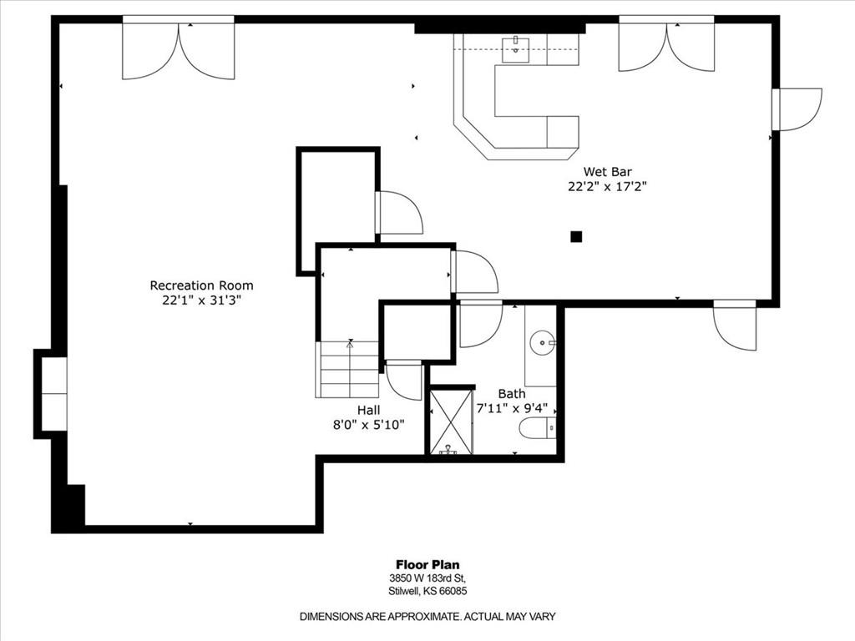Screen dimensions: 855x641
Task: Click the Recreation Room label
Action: [202, 285]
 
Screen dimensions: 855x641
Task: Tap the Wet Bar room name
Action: [608, 172]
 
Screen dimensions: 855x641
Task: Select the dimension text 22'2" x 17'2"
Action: [608, 187]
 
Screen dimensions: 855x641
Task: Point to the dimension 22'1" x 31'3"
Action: [202, 300]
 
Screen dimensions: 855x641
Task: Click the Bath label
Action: [512, 394]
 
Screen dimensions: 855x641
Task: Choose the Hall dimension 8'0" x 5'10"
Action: [369, 425]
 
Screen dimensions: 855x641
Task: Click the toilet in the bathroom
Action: [538, 428]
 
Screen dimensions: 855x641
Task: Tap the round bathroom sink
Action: [543, 343]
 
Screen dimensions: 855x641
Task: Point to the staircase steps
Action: [347, 370]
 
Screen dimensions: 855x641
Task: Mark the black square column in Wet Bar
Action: [576, 236]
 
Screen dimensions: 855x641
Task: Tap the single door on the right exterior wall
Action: [797, 109]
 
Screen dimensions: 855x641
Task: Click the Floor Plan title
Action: [427, 565]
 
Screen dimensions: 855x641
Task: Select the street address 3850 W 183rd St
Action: [427, 578]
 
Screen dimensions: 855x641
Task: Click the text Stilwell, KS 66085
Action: [427, 592]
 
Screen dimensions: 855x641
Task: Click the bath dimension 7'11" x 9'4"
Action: [512, 408]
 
